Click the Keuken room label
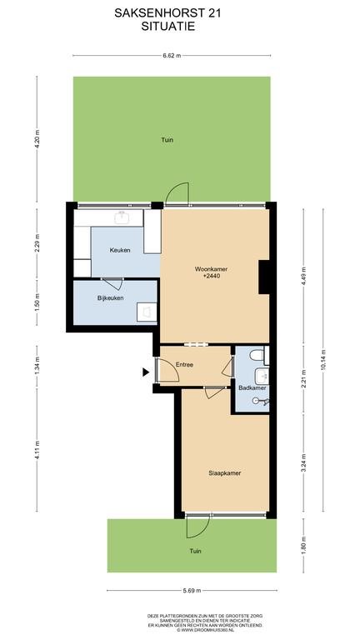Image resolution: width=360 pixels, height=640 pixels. pyautogui.click(x=120, y=250)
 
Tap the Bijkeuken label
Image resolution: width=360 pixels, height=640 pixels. pyautogui.click(x=110, y=298)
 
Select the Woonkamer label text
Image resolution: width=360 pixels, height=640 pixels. pyautogui.click(x=211, y=269)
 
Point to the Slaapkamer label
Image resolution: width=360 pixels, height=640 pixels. pyautogui.click(x=224, y=473)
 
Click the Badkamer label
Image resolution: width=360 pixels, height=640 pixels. pyautogui.click(x=252, y=387)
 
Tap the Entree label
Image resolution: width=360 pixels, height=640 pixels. pyautogui.click(x=184, y=364)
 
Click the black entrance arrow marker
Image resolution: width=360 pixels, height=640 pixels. pyautogui.click(x=146, y=372)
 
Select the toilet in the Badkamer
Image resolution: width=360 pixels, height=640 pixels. pyautogui.click(x=257, y=355)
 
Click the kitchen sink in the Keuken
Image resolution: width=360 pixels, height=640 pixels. pyautogui.click(x=122, y=217)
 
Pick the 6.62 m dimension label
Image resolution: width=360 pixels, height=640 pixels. pyautogui.click(x=172, y=56)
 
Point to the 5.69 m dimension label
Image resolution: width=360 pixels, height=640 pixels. pyautogui.click(x=192, y=590)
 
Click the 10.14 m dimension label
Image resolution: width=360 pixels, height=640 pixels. pyautogui.click(x=323, y=360)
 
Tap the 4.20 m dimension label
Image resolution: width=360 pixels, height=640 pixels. pyautogui.click(x=37, y=139)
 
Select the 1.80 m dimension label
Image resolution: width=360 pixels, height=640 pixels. pyautogui.click(x=303, y=545)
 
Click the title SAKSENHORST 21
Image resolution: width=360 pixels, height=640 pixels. pyautogui.click(x=167, y=13)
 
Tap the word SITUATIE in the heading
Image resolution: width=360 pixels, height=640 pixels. pyautogui.click(x=167, y=27)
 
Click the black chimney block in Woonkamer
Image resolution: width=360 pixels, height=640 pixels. pyautogui.click(x=264, y=277)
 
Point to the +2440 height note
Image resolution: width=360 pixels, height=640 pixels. pyautogui.click(x=211, y=277)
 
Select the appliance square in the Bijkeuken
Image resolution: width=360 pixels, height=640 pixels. pyautogui.click(x=147, y=312)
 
